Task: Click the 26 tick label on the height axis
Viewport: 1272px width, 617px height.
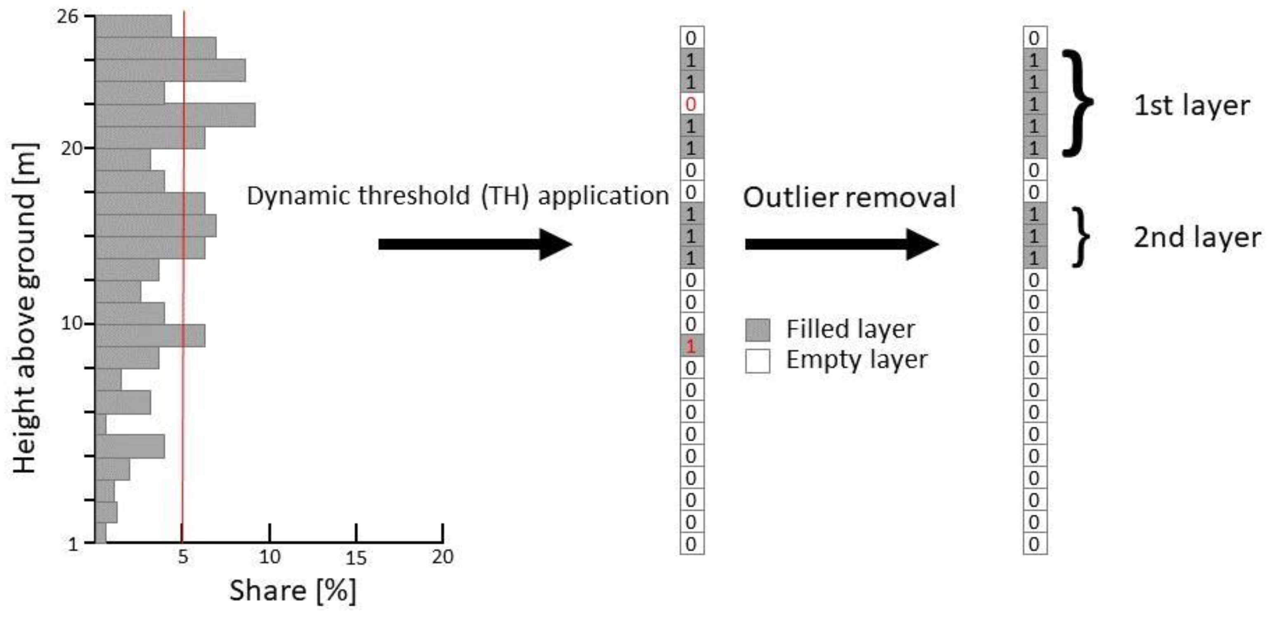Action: point(68,17)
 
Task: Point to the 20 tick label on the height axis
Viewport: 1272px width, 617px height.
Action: point(71,148)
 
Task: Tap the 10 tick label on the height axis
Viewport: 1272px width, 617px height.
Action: point(71,324)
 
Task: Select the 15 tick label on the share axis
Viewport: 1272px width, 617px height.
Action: point(355,558)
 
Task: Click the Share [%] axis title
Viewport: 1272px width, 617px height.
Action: point(292,590)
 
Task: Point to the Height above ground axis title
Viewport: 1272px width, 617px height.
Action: point(25,309)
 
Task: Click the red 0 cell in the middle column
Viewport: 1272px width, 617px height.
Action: point(691,104)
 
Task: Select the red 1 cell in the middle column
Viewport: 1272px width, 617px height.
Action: point(691,346)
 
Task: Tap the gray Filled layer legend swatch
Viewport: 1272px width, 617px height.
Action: point(758,330)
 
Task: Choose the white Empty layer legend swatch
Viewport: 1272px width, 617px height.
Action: point(758,360)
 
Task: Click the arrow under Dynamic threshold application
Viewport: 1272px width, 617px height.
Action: point(474,244)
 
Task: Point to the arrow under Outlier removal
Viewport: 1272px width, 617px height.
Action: point(841,244)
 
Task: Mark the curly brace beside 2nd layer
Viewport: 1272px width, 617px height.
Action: point(1081,237)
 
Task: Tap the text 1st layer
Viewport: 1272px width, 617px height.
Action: point(1191,106)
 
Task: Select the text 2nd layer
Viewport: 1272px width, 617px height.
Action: point(1196,237)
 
